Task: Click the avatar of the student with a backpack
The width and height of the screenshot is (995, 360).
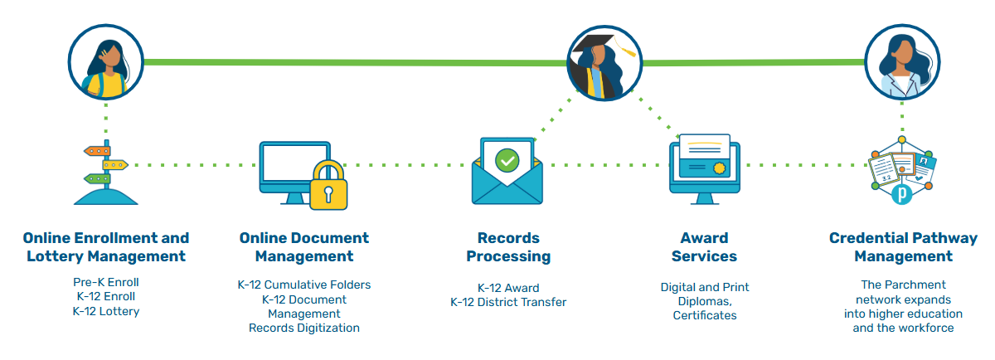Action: click(106, 61)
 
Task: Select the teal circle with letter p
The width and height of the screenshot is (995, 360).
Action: click(902, 196)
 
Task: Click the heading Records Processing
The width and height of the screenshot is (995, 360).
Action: click(508, 247)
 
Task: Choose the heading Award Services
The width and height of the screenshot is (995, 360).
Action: click(704, 247)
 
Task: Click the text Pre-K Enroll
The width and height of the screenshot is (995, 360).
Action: click(105, 282)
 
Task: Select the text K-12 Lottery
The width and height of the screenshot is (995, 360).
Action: click(105, 311)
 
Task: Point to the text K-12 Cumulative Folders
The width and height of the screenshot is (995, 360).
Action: click(304, 285)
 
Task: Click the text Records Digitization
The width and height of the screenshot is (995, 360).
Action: click(304, 328)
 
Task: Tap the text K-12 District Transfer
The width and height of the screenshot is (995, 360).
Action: click(508, 302)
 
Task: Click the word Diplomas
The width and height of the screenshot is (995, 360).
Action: click(704, 301)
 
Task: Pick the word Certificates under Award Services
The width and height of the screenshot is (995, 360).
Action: click(704, 315)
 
